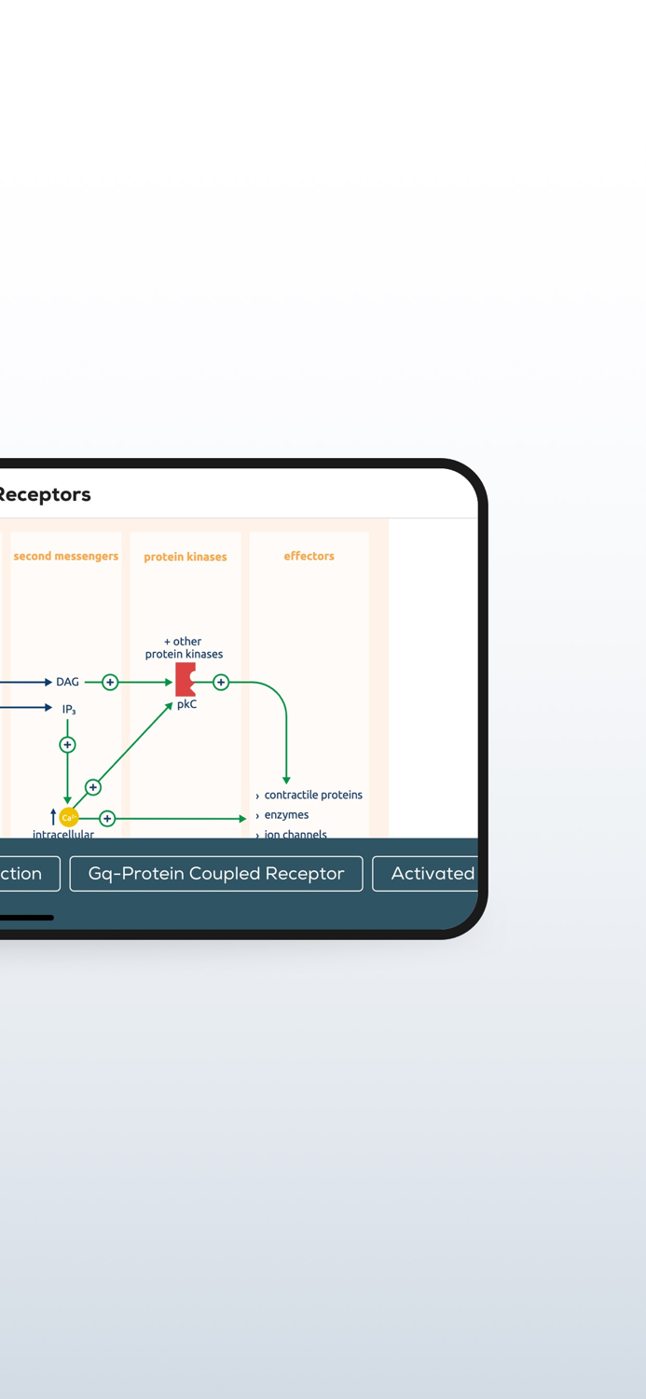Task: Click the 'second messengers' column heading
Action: pyautogui.click(x=65, y=556)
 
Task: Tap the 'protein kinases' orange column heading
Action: pyautogui.click(x=186, y=557)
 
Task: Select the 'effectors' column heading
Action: pyautogui.click(x=309, y=556)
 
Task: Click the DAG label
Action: pyautogui.click(x=67, y=682)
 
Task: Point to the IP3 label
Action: pyautogui.click(x=69, y=710)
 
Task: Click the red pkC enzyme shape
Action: pyautogui.click(x=186, y=680)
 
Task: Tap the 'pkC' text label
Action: pyautogui.click(x=186, y=705)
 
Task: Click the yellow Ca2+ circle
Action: pyautogui.click(x=68, y=818)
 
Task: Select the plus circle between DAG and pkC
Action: pyautogui.click(x=110, y=682)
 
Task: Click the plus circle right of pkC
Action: pyautogui.click(x=221, y=682)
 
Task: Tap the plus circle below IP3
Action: pyautogui.click(x=67, y=744)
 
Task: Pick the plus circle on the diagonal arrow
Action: pyautogui.click(x=93, y=787)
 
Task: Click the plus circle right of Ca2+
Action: pyautogui.click(x=107, y=818)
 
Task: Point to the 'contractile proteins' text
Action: pyautogui.click(x=313, y=795)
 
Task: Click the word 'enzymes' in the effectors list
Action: pyautogui.click(x=286, y=815)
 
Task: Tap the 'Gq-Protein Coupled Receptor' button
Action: pyautogui.click(x=216, y=874)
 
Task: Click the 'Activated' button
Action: pyautogui.click(x=429, y=874)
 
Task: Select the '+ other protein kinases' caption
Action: pyautogui.click(x=184, y=647)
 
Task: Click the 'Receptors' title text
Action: pyautogui.click(x=45, y=494)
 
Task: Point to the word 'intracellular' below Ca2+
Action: pyautogui.click(x=63, y=834)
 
